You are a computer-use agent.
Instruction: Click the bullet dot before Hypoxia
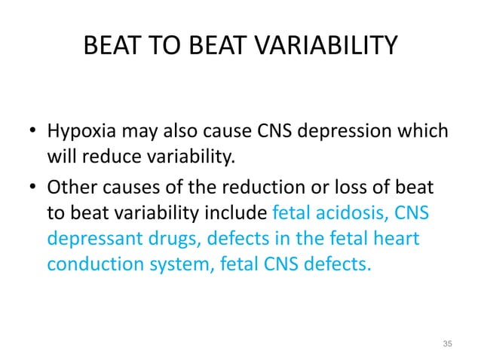[x=32, y=135]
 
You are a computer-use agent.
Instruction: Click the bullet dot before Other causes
[x=32, y=189]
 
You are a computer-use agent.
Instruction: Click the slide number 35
[x=448, y=344]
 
